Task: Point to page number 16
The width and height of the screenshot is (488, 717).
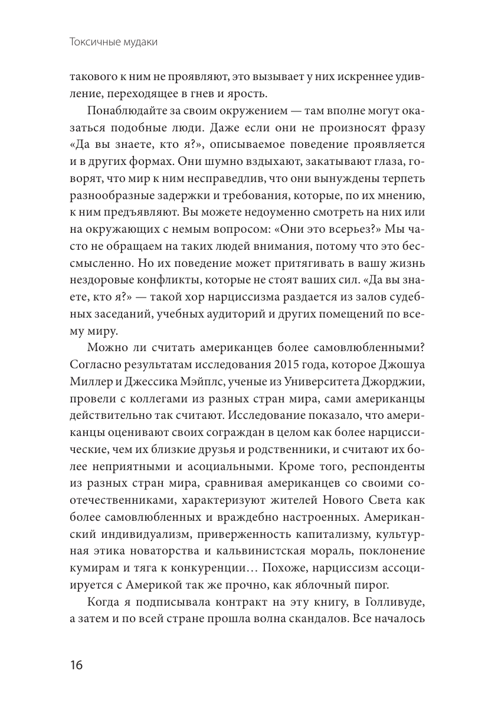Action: click(76, 666)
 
